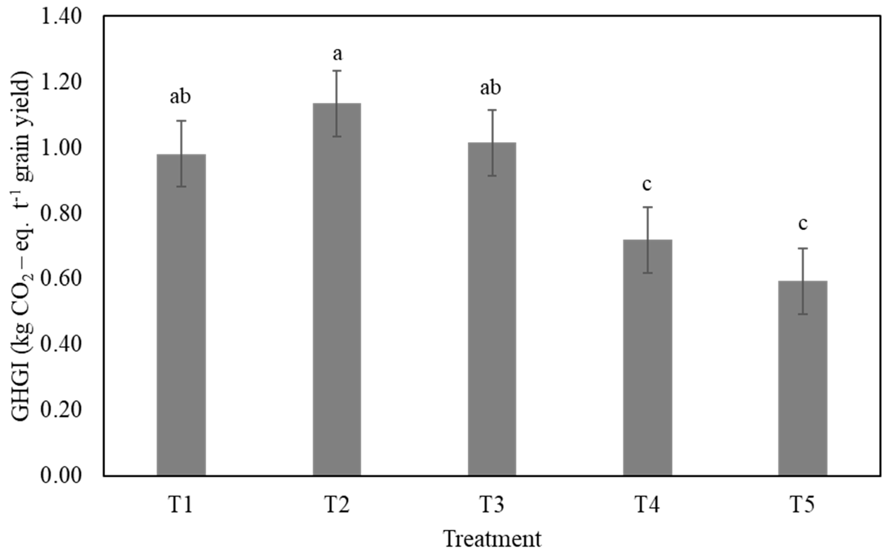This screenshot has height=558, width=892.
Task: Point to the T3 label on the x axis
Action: click(x=492, y=505)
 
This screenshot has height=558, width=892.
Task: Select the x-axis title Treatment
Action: click(x=492, y=538)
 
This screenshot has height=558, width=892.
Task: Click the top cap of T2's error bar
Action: click(x=337, y=71)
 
